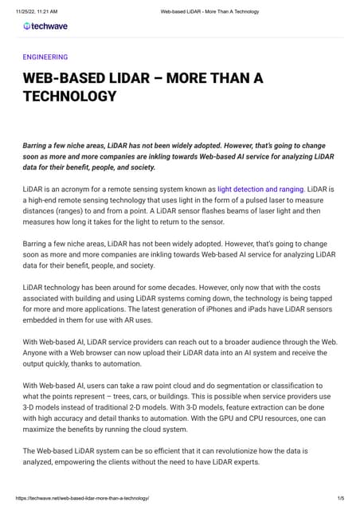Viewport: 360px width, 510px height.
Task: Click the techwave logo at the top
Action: [45, 26]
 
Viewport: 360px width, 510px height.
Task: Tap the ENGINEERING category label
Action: [45, 57]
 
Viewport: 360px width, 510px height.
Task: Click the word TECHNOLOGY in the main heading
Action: [69, 96]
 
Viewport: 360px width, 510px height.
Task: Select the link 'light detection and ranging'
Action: [260, 189]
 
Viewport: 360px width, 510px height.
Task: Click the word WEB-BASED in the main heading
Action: [60, 79]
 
